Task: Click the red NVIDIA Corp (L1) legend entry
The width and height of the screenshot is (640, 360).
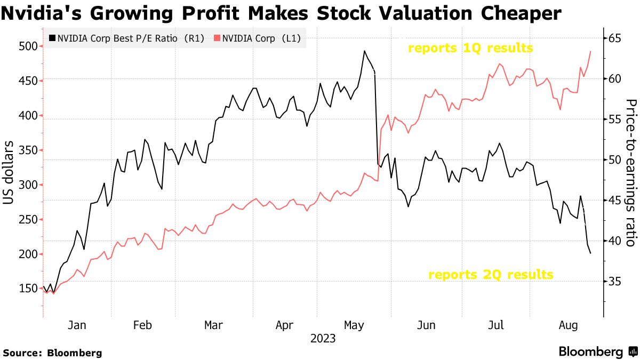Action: coord(259,38)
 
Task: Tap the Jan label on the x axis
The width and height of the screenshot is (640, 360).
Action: coord(77,325)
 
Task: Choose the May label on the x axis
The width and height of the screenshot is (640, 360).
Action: coord(354,325)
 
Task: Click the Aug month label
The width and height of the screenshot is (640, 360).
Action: coord(567,325)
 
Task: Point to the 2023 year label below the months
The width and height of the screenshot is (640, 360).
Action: coord(323,339)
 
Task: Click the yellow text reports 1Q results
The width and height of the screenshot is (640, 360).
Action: coord(470,48)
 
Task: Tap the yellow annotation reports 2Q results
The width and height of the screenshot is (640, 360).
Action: coord(491,275)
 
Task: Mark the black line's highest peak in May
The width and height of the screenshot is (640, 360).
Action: coord(364,51)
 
